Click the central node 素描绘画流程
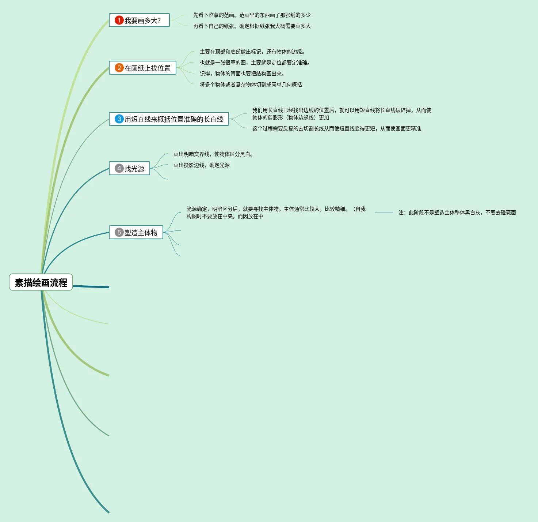[x=41, y=282]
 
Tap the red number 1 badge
[x=119, y=20]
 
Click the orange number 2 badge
[x=119, y=68]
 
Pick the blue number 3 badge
[x=119, y=119]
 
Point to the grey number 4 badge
[x=119, y=168]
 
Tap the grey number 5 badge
[x=119, y=232]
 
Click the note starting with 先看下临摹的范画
[x=252, y=15]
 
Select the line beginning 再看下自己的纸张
[x=252, y=26]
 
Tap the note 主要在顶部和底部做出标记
[x=252, y=52]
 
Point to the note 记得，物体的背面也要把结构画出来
[x=242, y=74]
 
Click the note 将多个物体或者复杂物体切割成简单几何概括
[x=251, y=85]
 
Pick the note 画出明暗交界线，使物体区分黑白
[x=213, y=154]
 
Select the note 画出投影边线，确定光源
[x=202, y=165]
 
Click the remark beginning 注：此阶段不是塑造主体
[x=457, y=213]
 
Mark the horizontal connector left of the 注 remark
[x=384, y=212]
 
